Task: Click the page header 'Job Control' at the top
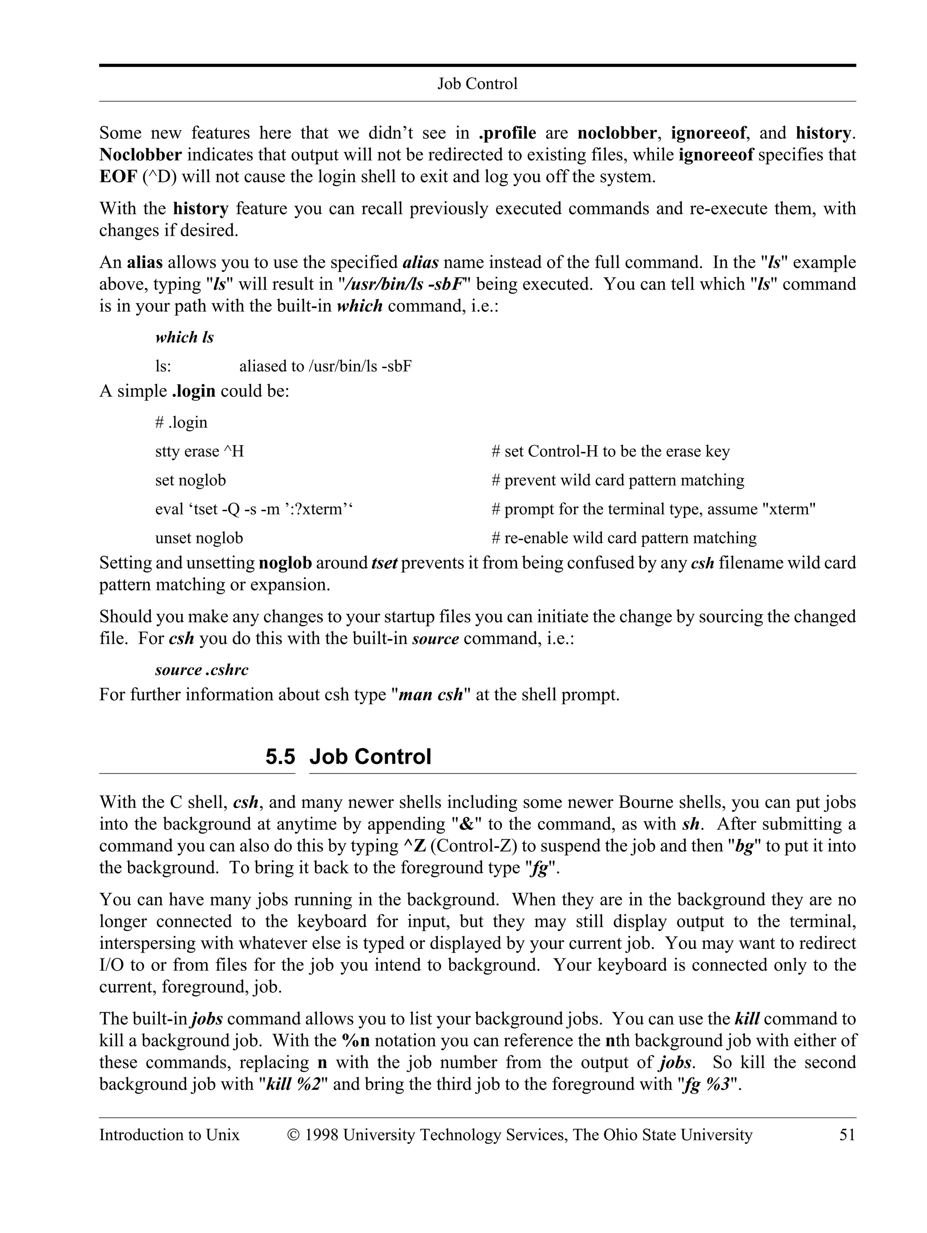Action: (477, 84)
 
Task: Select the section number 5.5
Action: (280, 757)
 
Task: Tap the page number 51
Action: (847, 1135)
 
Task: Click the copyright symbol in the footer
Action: (293, 1135)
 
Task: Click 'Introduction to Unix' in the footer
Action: (169, 1135)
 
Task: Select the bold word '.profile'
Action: (507, 133)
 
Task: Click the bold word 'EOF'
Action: (118, 177)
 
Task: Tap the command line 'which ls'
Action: (184, 337)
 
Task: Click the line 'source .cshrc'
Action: (201, 669)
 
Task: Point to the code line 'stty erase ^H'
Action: (199, 451)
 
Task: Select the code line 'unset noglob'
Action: (199, 538)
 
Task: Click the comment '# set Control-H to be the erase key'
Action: (610, 451)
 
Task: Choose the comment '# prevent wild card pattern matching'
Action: (617, 480)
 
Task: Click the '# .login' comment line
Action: (181, 422)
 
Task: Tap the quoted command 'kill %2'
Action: (294, 1084)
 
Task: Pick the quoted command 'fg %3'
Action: (707, 1084)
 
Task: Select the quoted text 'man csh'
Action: (430, 695)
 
